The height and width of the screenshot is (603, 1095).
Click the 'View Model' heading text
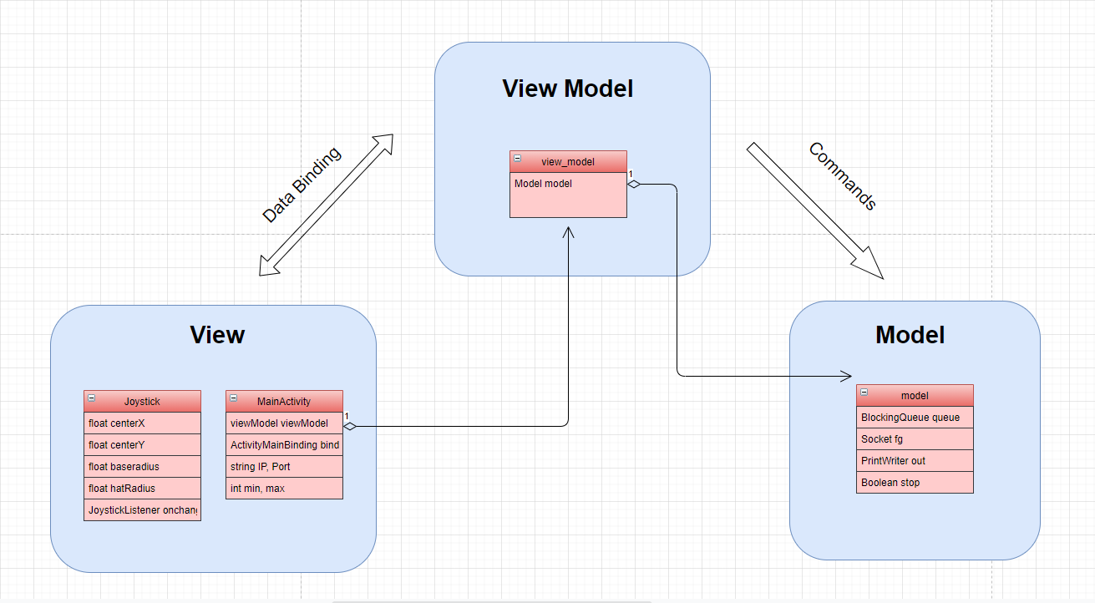point(568,89)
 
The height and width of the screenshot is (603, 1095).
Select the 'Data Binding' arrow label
point(302,185)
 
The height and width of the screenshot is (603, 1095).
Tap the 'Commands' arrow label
point(843,175)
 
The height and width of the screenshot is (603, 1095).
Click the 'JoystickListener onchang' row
point(142,509)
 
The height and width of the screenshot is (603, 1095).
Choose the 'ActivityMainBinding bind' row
point(284,445)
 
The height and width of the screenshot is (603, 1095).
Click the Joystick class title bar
point(142,402)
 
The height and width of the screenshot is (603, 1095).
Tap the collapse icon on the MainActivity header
point(234,401)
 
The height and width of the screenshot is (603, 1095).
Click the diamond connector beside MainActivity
point(350,426)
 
